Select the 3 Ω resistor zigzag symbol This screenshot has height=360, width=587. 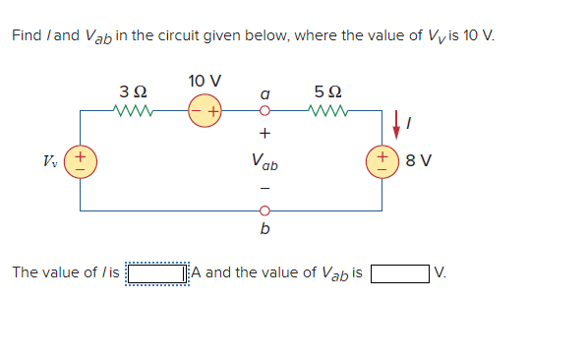(x=132, y=110)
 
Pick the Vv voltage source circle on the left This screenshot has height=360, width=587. (x=81, y=160)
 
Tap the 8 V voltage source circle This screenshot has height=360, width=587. (x=381, y=160)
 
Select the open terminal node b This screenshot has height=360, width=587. (x=264, y=210)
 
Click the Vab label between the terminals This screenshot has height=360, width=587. (x=264, y=160)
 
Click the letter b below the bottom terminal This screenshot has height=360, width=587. (x=264, y=231)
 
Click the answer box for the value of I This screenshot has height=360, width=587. (x=157, y=272)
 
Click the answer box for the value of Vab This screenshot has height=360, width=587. (x=400, y=272)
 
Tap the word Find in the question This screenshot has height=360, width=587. (x=27, y=35)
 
